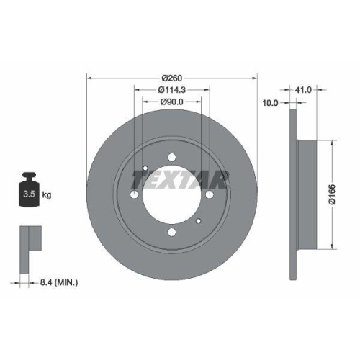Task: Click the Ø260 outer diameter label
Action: tap(172, 77)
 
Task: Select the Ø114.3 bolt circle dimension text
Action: tap(172, 90)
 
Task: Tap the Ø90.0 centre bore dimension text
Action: tap(172, 102)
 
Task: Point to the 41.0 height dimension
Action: tap(302, 90)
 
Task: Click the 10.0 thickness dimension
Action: tap(271, 103)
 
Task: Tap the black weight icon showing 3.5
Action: tap(29, 191)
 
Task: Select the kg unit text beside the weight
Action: tap(47, 195)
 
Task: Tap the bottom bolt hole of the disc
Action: tap(172, 232)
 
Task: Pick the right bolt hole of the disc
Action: tap(209, 195)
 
